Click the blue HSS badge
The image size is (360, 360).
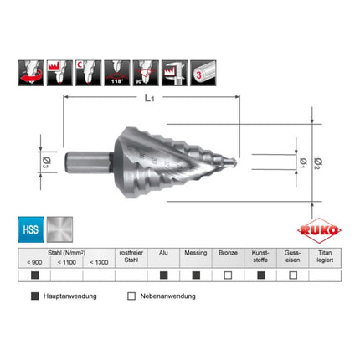(29, 229)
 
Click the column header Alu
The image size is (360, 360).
(163, 252)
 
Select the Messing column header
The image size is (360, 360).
(195, 252)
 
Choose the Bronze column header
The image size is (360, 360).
(227, 252)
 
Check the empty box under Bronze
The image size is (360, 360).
(227, 275)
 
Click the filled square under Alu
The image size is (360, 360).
(163, 275)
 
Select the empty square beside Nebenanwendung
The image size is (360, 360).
(131, 296)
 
